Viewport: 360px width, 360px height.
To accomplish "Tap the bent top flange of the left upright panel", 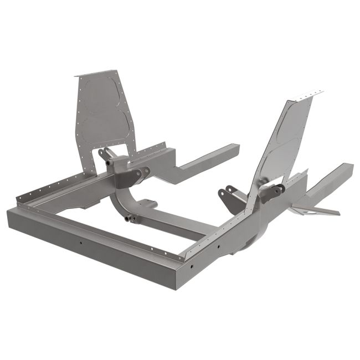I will click(x=97, y=74).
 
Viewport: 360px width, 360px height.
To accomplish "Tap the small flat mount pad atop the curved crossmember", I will click(x=147, y=203).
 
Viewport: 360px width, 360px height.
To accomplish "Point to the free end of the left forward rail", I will click(x=233, y=150).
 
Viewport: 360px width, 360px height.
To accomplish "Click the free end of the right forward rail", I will click(x=346, y=168).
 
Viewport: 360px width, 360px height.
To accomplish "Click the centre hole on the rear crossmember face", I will click(x=81, y=241).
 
